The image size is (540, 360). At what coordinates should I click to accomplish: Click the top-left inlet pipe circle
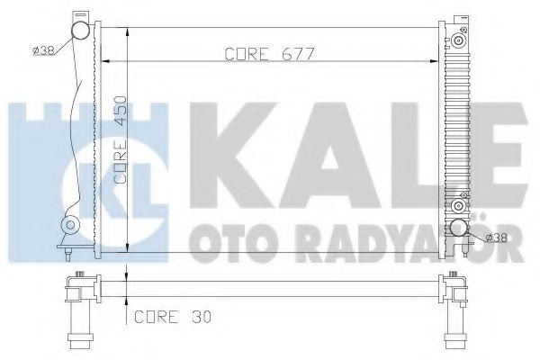(82, 32)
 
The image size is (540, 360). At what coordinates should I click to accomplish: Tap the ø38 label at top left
(44, 49)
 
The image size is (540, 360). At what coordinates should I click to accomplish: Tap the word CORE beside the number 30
(155, 317)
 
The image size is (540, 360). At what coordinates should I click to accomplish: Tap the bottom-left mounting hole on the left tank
(70, 225)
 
